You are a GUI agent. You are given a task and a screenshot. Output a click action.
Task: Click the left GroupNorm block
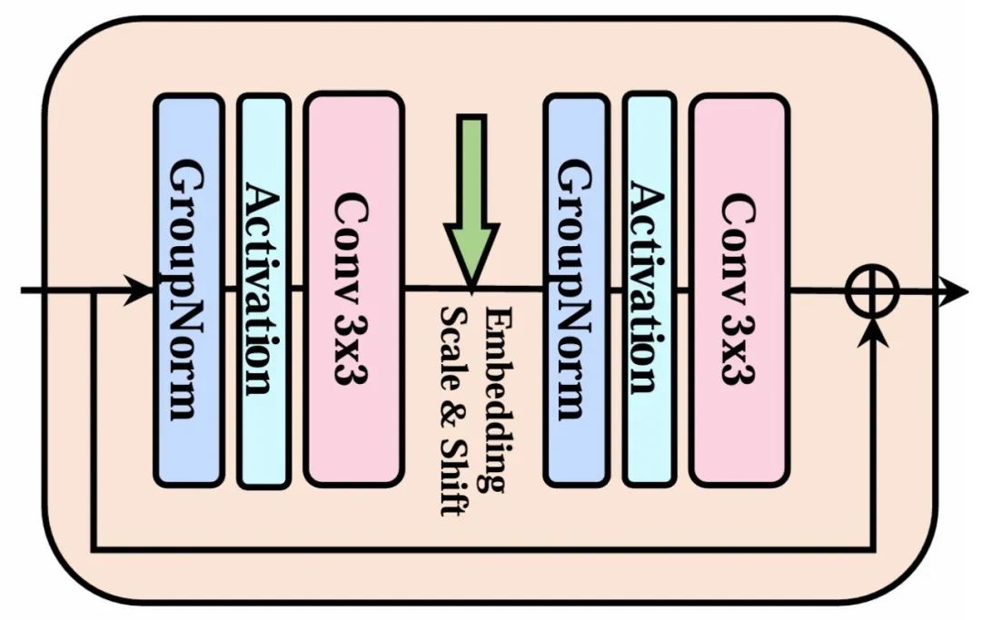point(188,290)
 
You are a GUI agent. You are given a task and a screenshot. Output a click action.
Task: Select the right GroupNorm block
point(576,290)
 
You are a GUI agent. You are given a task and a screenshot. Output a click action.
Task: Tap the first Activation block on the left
point(263,290)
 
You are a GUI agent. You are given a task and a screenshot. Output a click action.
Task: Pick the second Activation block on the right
point(649,290)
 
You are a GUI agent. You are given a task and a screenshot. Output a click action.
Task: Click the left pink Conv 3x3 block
point(353,290)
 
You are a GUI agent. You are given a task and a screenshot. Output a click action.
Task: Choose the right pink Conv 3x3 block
point(738,290)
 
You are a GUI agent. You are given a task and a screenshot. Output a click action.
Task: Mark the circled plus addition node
point(872,291)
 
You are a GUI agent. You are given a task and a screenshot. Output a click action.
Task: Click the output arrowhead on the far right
point(955,291)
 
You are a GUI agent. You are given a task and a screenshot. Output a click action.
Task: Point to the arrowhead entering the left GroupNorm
point(140,290)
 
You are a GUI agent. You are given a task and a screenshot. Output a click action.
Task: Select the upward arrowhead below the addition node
point(873,332)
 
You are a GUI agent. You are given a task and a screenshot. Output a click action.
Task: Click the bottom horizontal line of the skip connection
point(481,549)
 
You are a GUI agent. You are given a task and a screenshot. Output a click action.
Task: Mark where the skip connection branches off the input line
point(94,291)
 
